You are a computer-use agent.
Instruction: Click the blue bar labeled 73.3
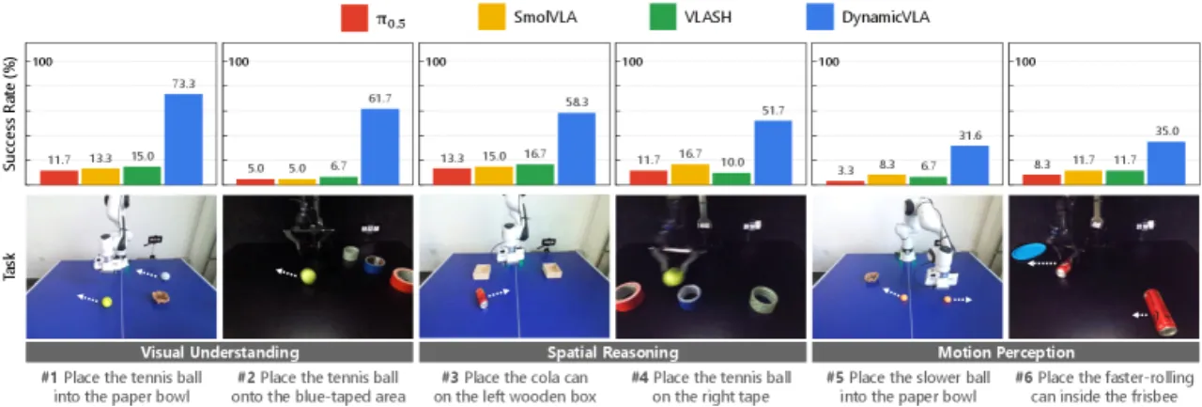coord(183,139)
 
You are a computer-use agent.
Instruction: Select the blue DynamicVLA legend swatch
coord(820,17)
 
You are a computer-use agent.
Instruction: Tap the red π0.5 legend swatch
coord(354,17)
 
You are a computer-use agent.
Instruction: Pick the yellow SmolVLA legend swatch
coord(491,17)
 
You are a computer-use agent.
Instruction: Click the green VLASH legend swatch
coord(663,17)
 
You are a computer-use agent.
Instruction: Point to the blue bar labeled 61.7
coord(380,147)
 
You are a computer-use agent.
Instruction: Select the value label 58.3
coord(577,102)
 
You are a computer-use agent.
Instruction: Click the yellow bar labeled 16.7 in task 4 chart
coord(690,175)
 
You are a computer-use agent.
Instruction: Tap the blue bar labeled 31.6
coord(970,164)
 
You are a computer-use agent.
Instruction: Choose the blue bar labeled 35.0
coord(1166,164)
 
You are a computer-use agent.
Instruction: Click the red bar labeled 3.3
coord(845,182)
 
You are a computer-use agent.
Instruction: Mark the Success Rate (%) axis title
coord(9,114)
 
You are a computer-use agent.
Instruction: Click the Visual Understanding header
coord(220,352)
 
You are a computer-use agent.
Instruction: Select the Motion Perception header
coord(1006,352)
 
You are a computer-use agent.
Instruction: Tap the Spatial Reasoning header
coord(613,352)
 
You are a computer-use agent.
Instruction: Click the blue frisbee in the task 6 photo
coord(1028,251)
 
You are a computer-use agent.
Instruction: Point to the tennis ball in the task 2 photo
coord(308,276)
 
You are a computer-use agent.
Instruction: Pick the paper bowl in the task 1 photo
coord(160,297)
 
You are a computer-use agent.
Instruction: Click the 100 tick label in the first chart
coord(42,62)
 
